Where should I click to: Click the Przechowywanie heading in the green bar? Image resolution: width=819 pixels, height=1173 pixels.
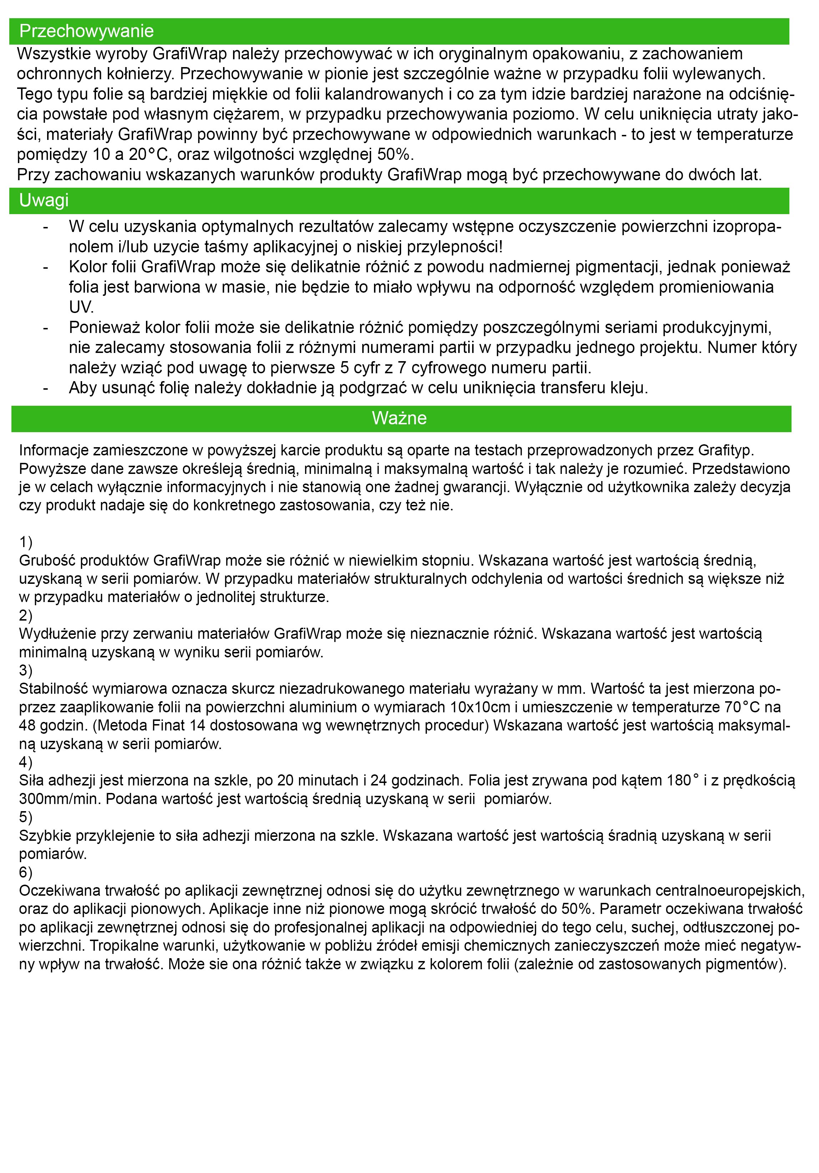point(86,31)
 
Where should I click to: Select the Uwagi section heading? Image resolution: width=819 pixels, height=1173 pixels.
point(44,200)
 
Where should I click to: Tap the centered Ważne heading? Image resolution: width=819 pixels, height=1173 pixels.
point(399,418)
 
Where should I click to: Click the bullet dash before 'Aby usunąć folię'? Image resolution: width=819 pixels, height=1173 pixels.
point(46,388)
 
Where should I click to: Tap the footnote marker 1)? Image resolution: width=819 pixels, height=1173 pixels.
point(26,542)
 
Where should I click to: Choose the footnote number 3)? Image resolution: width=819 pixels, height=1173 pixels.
point(26,670)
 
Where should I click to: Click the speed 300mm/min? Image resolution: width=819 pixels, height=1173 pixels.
point(60,799)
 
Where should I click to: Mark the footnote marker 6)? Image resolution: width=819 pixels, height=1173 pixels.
point(26,872)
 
